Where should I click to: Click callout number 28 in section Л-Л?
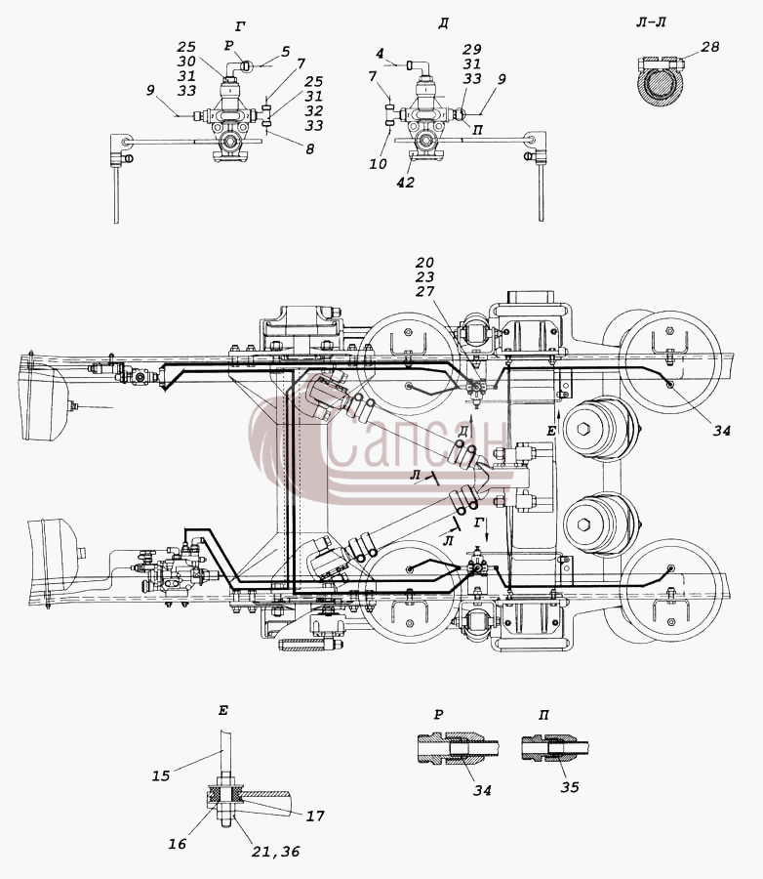[709, 47]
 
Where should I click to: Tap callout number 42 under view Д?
[405, 183]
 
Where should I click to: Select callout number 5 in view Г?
[286, 52]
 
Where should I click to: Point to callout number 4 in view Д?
[381, 54]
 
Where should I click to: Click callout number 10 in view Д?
[379, 164]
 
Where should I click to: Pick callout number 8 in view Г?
[310, 149]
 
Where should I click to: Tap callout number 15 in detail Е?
[161, 775]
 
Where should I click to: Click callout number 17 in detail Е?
[315, 816]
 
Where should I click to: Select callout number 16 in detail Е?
[178, 844]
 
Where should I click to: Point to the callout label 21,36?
[275, 852]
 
